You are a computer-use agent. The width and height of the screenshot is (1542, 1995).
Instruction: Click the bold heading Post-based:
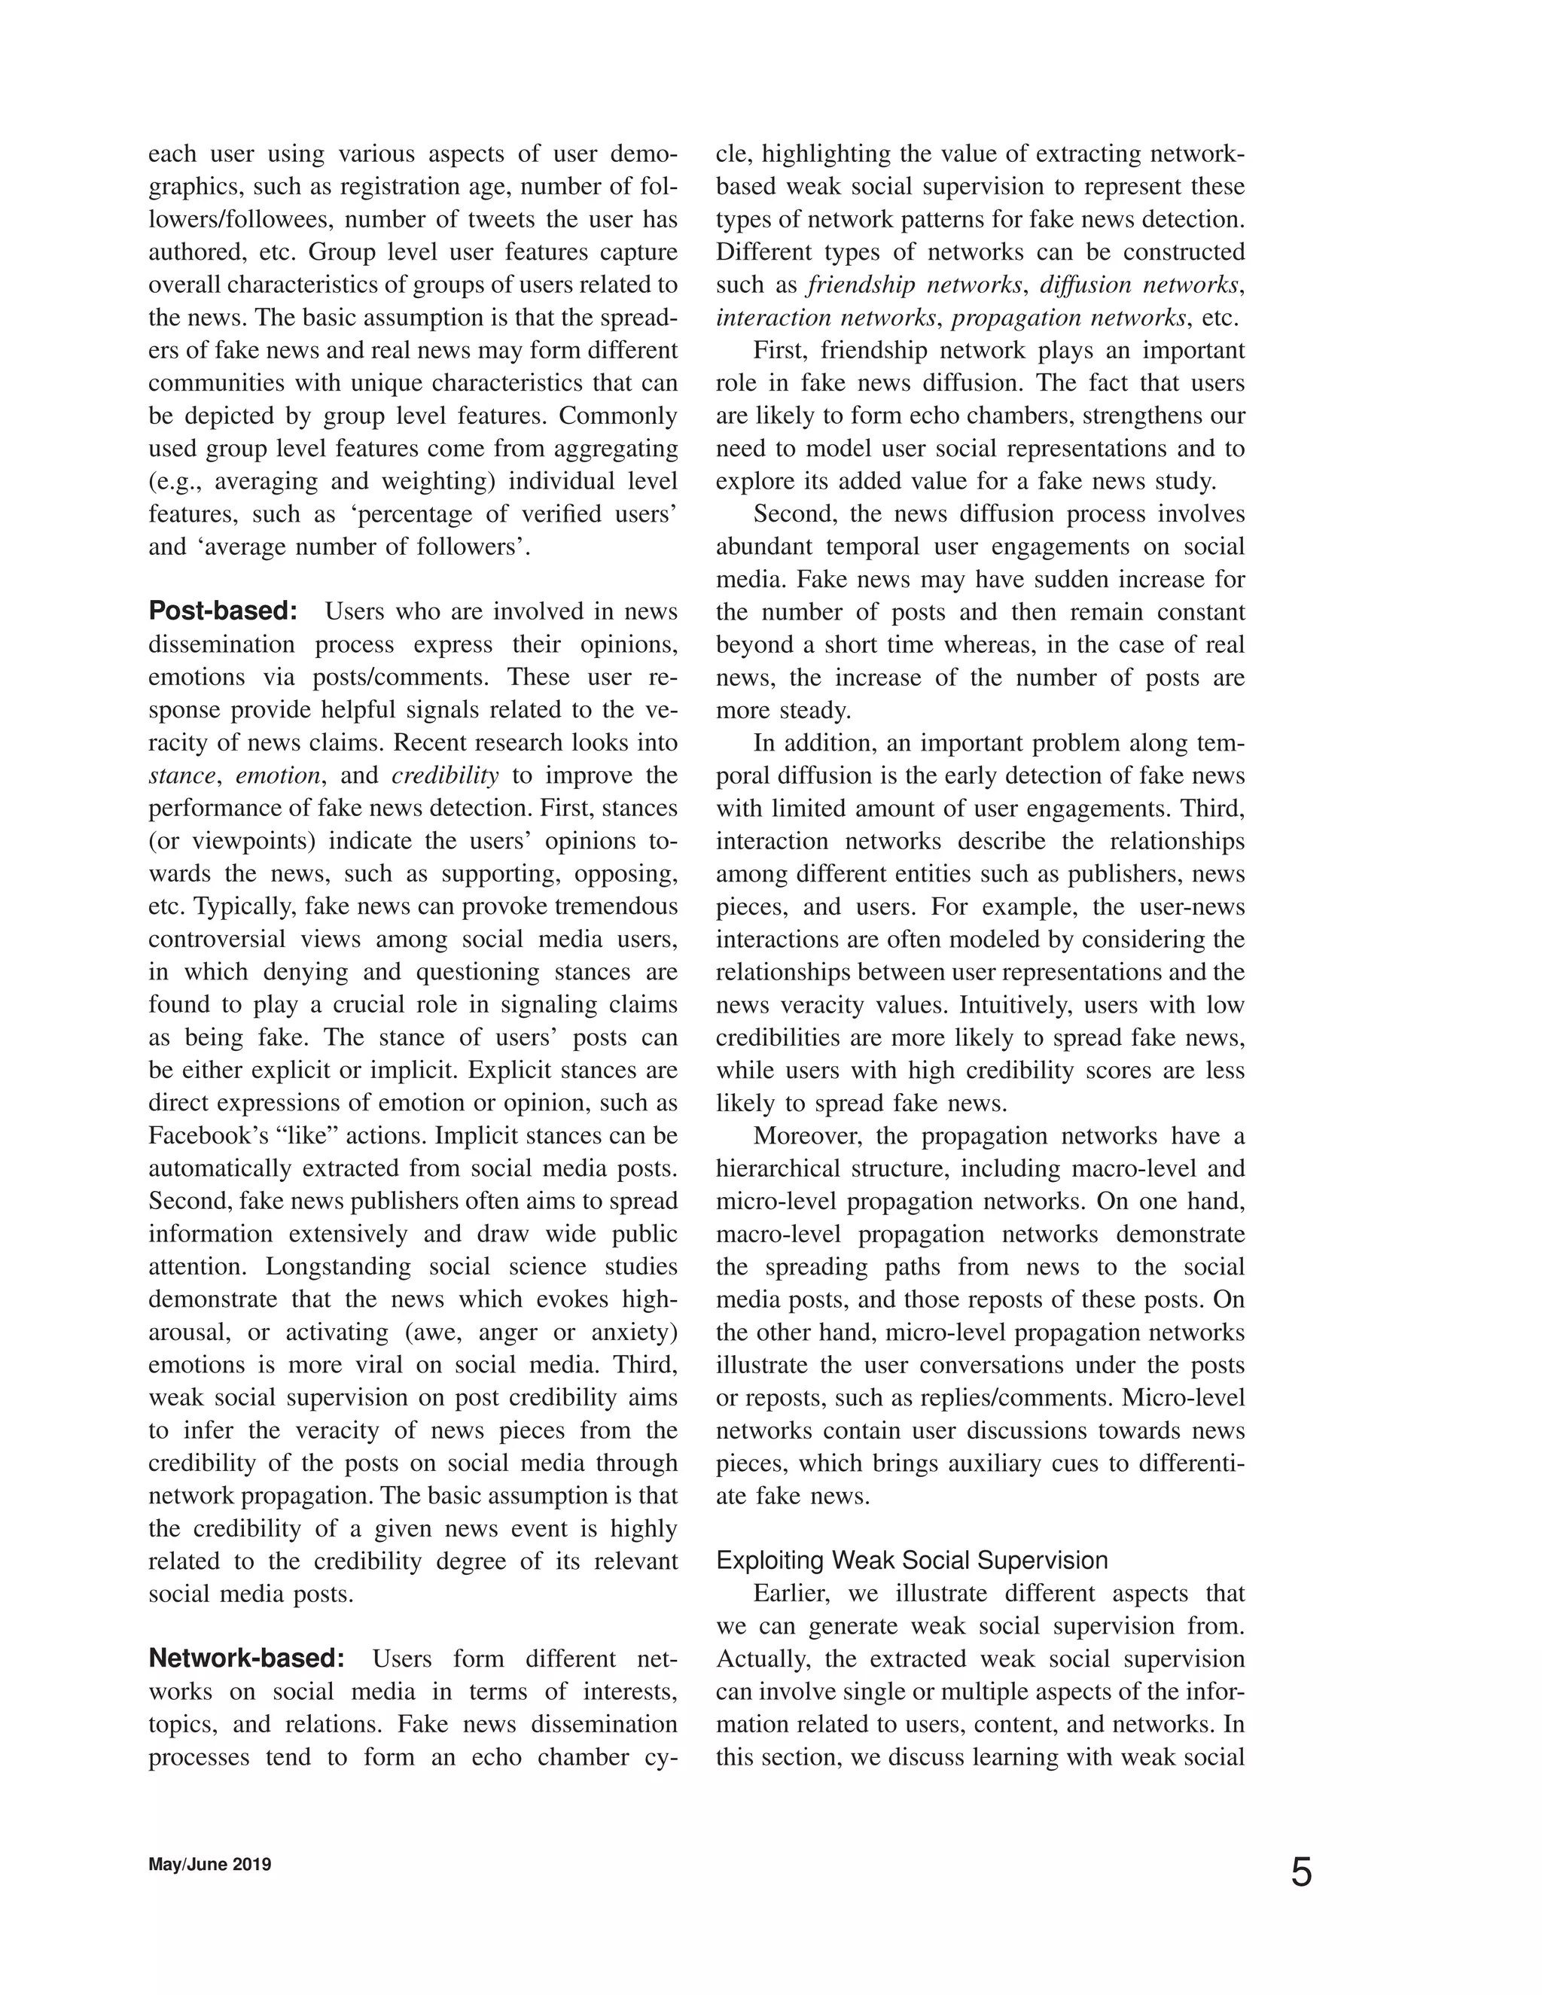pyautogui.click(x=223, y=611)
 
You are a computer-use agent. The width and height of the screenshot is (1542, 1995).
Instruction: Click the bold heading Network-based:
pyautogui.click(x=247, y=1658)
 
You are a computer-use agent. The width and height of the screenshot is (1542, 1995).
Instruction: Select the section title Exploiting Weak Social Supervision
pyautogui.click(x=912, y=1560)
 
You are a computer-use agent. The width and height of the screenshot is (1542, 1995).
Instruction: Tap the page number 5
pyautogui.click(x=1301, y=1872)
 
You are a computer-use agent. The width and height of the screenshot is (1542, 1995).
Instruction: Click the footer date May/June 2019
pyautogui.click(x=210, y=1864)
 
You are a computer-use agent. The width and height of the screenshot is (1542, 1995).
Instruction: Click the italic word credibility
pyautogui.click(x=445, y=775)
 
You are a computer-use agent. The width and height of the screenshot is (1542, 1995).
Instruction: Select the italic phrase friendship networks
pyautogui.click(x=914, y=285)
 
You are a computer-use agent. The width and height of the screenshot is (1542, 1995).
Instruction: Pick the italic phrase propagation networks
pyautogui.click(x=1069, y=318)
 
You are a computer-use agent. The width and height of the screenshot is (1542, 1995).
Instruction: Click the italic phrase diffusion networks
pyautogui.click(x=1140, y=285)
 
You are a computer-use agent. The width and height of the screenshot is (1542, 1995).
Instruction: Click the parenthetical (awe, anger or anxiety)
pyautogui.click(x=541, y=1332)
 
